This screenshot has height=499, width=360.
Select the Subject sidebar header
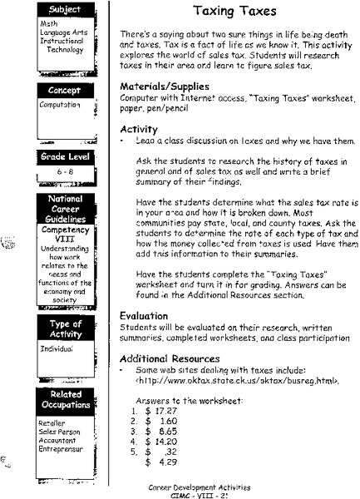coord(66,9)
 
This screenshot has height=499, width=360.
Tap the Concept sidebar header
coord(66,89)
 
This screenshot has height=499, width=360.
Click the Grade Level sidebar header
coord(65,156)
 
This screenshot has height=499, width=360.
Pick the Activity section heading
coord(139,130)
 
